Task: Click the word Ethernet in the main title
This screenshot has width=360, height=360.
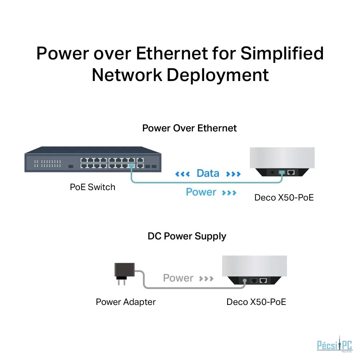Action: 172,53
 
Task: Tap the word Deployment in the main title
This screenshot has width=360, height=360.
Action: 218,76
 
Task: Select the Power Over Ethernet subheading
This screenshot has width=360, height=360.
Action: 189,128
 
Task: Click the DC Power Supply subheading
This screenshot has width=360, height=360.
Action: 187,237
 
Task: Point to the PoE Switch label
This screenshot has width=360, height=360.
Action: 93,187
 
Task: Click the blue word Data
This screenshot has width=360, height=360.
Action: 208,174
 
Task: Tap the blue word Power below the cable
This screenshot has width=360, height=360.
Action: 201,192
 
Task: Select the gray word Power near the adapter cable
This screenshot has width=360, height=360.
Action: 178,278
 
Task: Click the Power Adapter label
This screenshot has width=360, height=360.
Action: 126,302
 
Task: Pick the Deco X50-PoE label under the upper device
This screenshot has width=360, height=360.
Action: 284,198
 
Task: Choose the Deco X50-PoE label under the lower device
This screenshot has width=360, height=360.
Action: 256,302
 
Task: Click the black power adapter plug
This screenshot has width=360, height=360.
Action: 124,274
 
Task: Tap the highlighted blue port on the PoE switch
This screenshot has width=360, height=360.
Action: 131,166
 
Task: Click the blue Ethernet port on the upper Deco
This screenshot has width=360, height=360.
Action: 282,172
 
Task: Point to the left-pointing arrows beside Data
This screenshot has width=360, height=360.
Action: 183,174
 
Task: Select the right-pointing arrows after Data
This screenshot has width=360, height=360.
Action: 234,174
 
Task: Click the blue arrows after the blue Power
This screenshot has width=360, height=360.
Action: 229,193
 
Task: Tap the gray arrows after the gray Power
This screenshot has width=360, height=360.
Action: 206,279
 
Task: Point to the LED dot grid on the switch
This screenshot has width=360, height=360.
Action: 48,163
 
